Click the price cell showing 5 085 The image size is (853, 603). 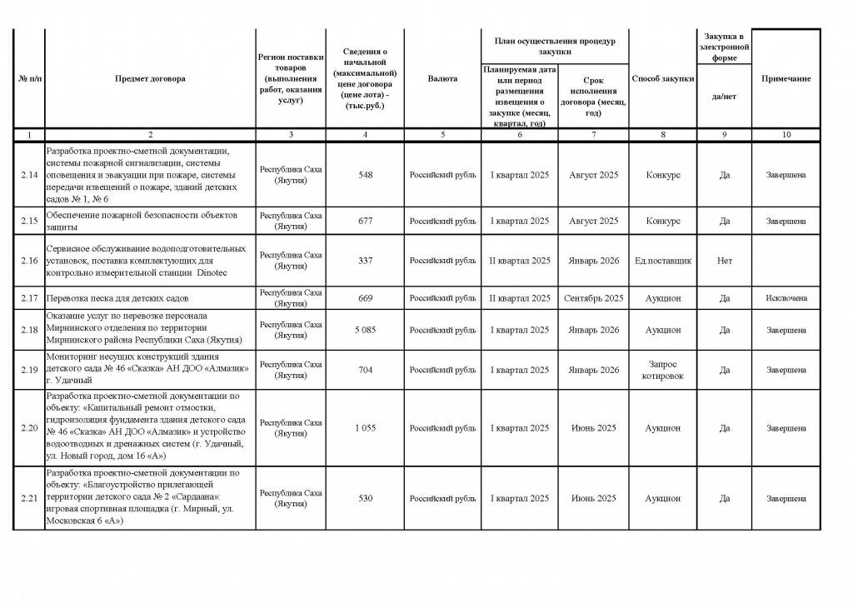click(365, 330)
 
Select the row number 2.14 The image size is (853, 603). click(29, 175)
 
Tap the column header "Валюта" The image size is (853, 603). click(442, 78)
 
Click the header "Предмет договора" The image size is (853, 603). click(151, 78)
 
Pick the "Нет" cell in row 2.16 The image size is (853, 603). click(725, 261)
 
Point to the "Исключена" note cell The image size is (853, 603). click(786, 298)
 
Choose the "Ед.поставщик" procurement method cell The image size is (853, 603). click(662, 261)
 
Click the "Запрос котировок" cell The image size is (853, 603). click(663, 370)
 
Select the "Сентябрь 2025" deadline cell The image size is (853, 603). click(593, 298)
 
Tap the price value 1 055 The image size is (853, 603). click(365, 428)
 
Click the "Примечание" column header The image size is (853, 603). click(786, 78)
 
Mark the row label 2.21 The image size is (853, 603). click(29, 498)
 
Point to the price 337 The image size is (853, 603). click(365, 261)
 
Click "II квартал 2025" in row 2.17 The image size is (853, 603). click(520, 298)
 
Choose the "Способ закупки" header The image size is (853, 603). click(662, 78)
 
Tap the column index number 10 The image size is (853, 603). click(786, 134)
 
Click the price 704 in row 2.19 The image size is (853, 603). click(365, 370)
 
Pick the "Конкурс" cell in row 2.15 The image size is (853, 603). click(662, 221)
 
